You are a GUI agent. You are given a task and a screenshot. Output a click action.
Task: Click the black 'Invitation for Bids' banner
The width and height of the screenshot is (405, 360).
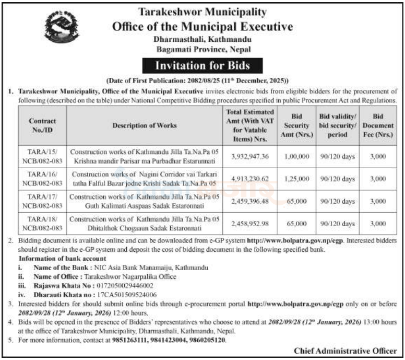pyautogui.click(x=202, y=66)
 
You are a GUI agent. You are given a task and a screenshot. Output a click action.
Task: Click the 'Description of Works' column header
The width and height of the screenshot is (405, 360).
pyautogui.click(x=144, y=125)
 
